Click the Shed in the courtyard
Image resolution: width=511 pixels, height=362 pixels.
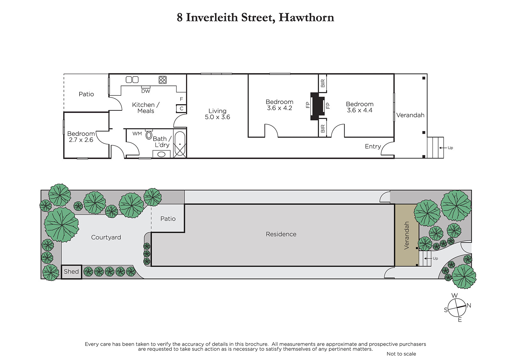click(x=72, y=272)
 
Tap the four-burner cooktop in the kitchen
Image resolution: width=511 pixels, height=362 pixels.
click(x=163, y=80)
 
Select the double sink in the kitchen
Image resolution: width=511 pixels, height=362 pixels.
click(x=132, y=80)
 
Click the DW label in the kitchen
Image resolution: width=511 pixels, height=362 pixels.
click(x=146, y=91)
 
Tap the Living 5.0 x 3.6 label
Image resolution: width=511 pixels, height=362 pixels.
click(x=217, y=114)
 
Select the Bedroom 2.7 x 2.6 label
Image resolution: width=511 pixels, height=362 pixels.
click(x=81, y=137)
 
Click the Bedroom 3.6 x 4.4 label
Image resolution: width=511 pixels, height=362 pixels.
click(x=360, y=107)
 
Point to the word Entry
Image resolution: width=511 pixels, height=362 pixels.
click(x=373, y=146)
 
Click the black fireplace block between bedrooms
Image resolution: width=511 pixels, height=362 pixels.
click(x=317, y=106)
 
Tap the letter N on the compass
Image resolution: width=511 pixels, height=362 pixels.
click(x=469, y=305)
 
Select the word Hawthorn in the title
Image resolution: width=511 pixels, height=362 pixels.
click(x=306, y=17)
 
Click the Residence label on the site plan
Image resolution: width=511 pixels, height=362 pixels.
click(x=281, y=234)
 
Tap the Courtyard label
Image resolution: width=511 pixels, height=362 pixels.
click(x=106, y=237)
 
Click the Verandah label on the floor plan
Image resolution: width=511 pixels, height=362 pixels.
click(x=410, y=115)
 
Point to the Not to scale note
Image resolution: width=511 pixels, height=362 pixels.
click(x=401, y=354)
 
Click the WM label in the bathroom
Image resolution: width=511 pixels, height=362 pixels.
click(x=137, y=133)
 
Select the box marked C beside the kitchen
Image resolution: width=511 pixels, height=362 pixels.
click(x=181, y=109)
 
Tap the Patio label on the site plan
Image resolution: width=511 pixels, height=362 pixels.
click(x=168, y=219)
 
